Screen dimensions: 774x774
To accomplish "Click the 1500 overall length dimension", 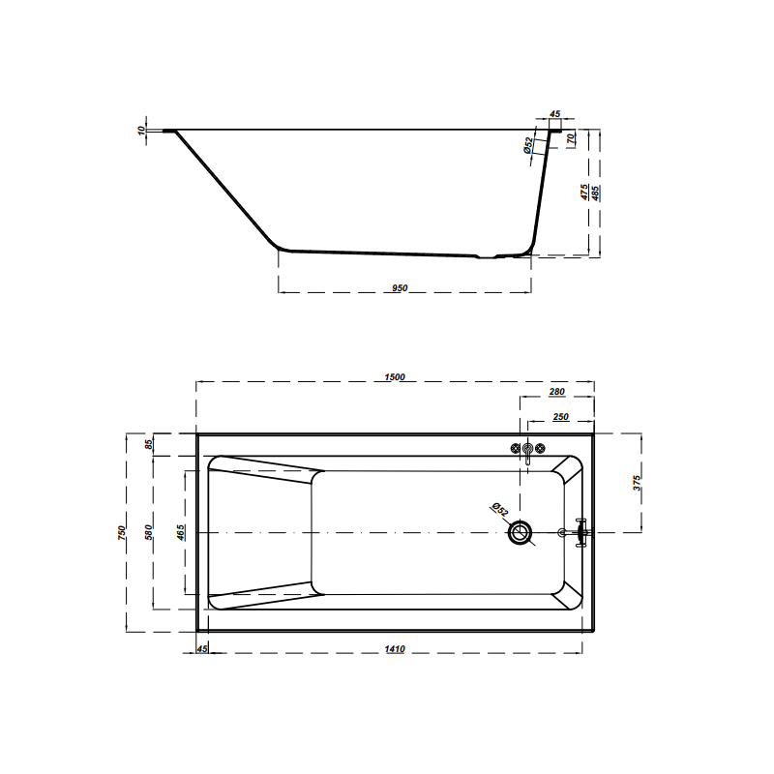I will pyautogui.click(x=394, y=377).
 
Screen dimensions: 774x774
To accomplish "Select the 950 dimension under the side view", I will pyautogui.click(x=402, y=287).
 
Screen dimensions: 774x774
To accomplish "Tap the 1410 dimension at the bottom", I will pyautogui.click(x=395, y=649).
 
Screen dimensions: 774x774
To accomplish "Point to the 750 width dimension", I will pyautogui.click(x=121, y=533).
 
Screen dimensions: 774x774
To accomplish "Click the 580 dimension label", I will pyautogui.click(x=148, y=533).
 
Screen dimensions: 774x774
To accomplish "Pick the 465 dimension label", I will pyautogui.click(x=181, y=533).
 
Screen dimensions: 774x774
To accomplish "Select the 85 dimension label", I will pyautogui.click(x=148, y=445).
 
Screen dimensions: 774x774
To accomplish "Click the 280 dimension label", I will pyautogui.click(x=556, y=392).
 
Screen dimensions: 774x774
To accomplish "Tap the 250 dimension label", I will pyautogui.click(x=560, y=417).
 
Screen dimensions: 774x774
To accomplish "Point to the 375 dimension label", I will pyautogui.click(x=636, y=483).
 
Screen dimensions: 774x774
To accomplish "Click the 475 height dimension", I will pyautogui.click(x=584, y=193).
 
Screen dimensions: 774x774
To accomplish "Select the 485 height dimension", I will pyautogui.click(x=597, y=193).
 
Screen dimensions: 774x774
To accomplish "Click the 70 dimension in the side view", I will pyautogui.click(x=572, y=138).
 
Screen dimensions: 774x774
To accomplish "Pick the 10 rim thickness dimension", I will pyautogui.click(x=141, y=129).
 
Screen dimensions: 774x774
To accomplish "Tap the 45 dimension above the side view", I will pyautogui.click(x=554, y=114).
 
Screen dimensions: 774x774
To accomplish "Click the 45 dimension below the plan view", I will pyautogui.click(x=203, y=649).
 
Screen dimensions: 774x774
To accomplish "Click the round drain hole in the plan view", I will pyautogui.click(x=521, y=532).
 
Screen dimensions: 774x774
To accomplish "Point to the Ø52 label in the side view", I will pyautogui.click(x=528, y=144).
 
